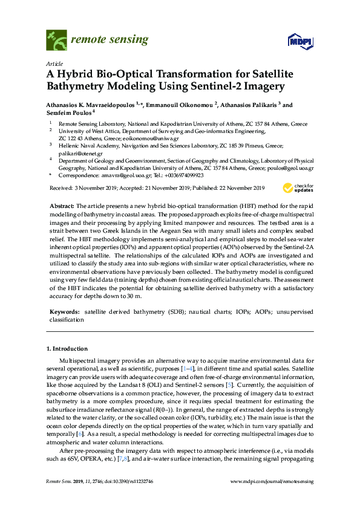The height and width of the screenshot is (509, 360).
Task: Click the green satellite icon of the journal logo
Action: coord(56,41)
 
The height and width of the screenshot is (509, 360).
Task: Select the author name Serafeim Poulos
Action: coord(69,112)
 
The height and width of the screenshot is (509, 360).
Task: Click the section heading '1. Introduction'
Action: coord(67,349)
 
